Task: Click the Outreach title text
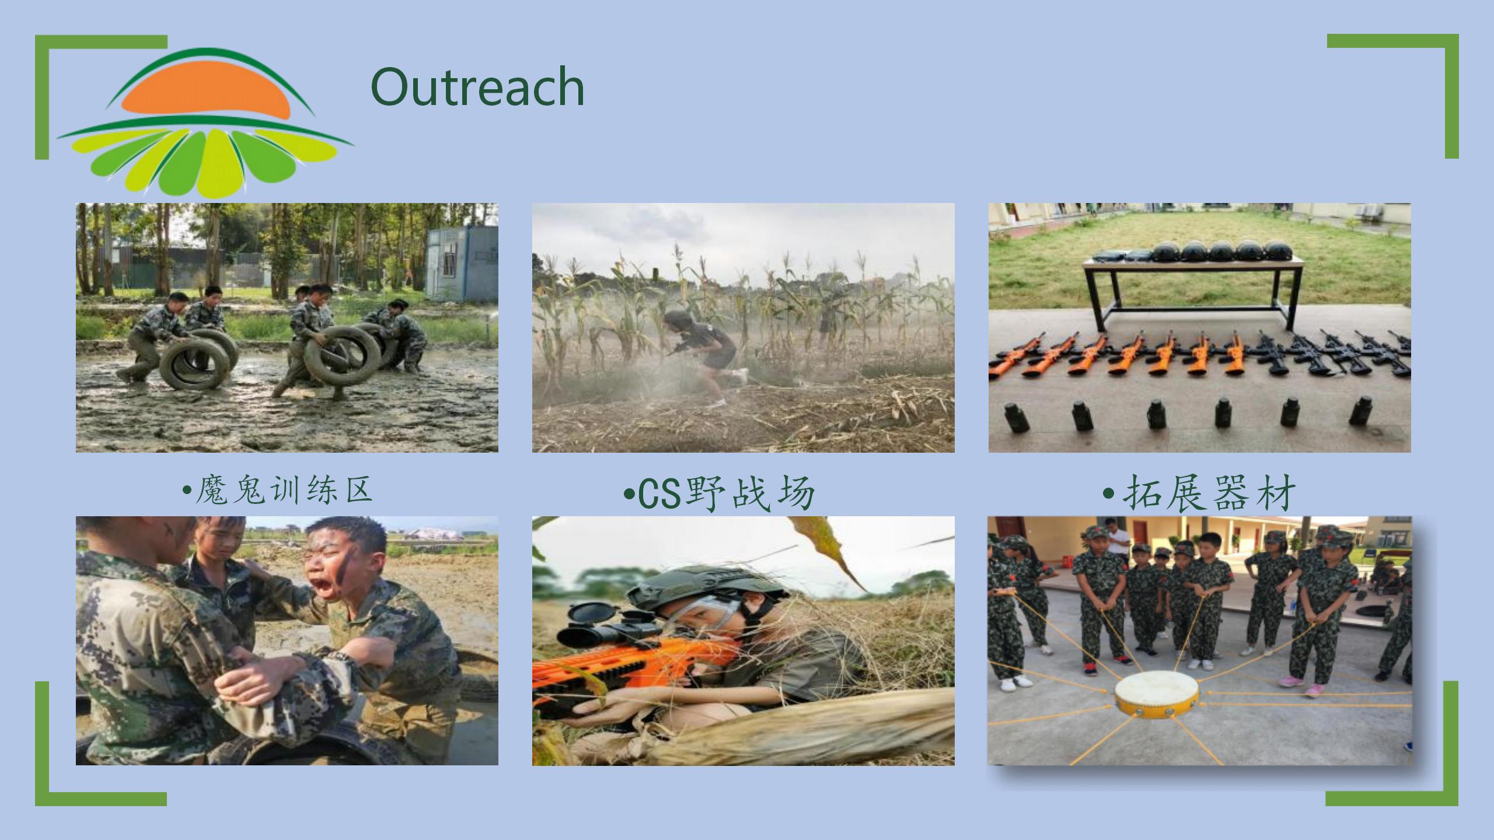coord(477,86)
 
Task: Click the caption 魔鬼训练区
coord(278,489)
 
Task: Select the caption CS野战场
coord(719,494)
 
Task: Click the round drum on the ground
coord(1156,695)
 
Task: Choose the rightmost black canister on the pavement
coord(1361,410)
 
